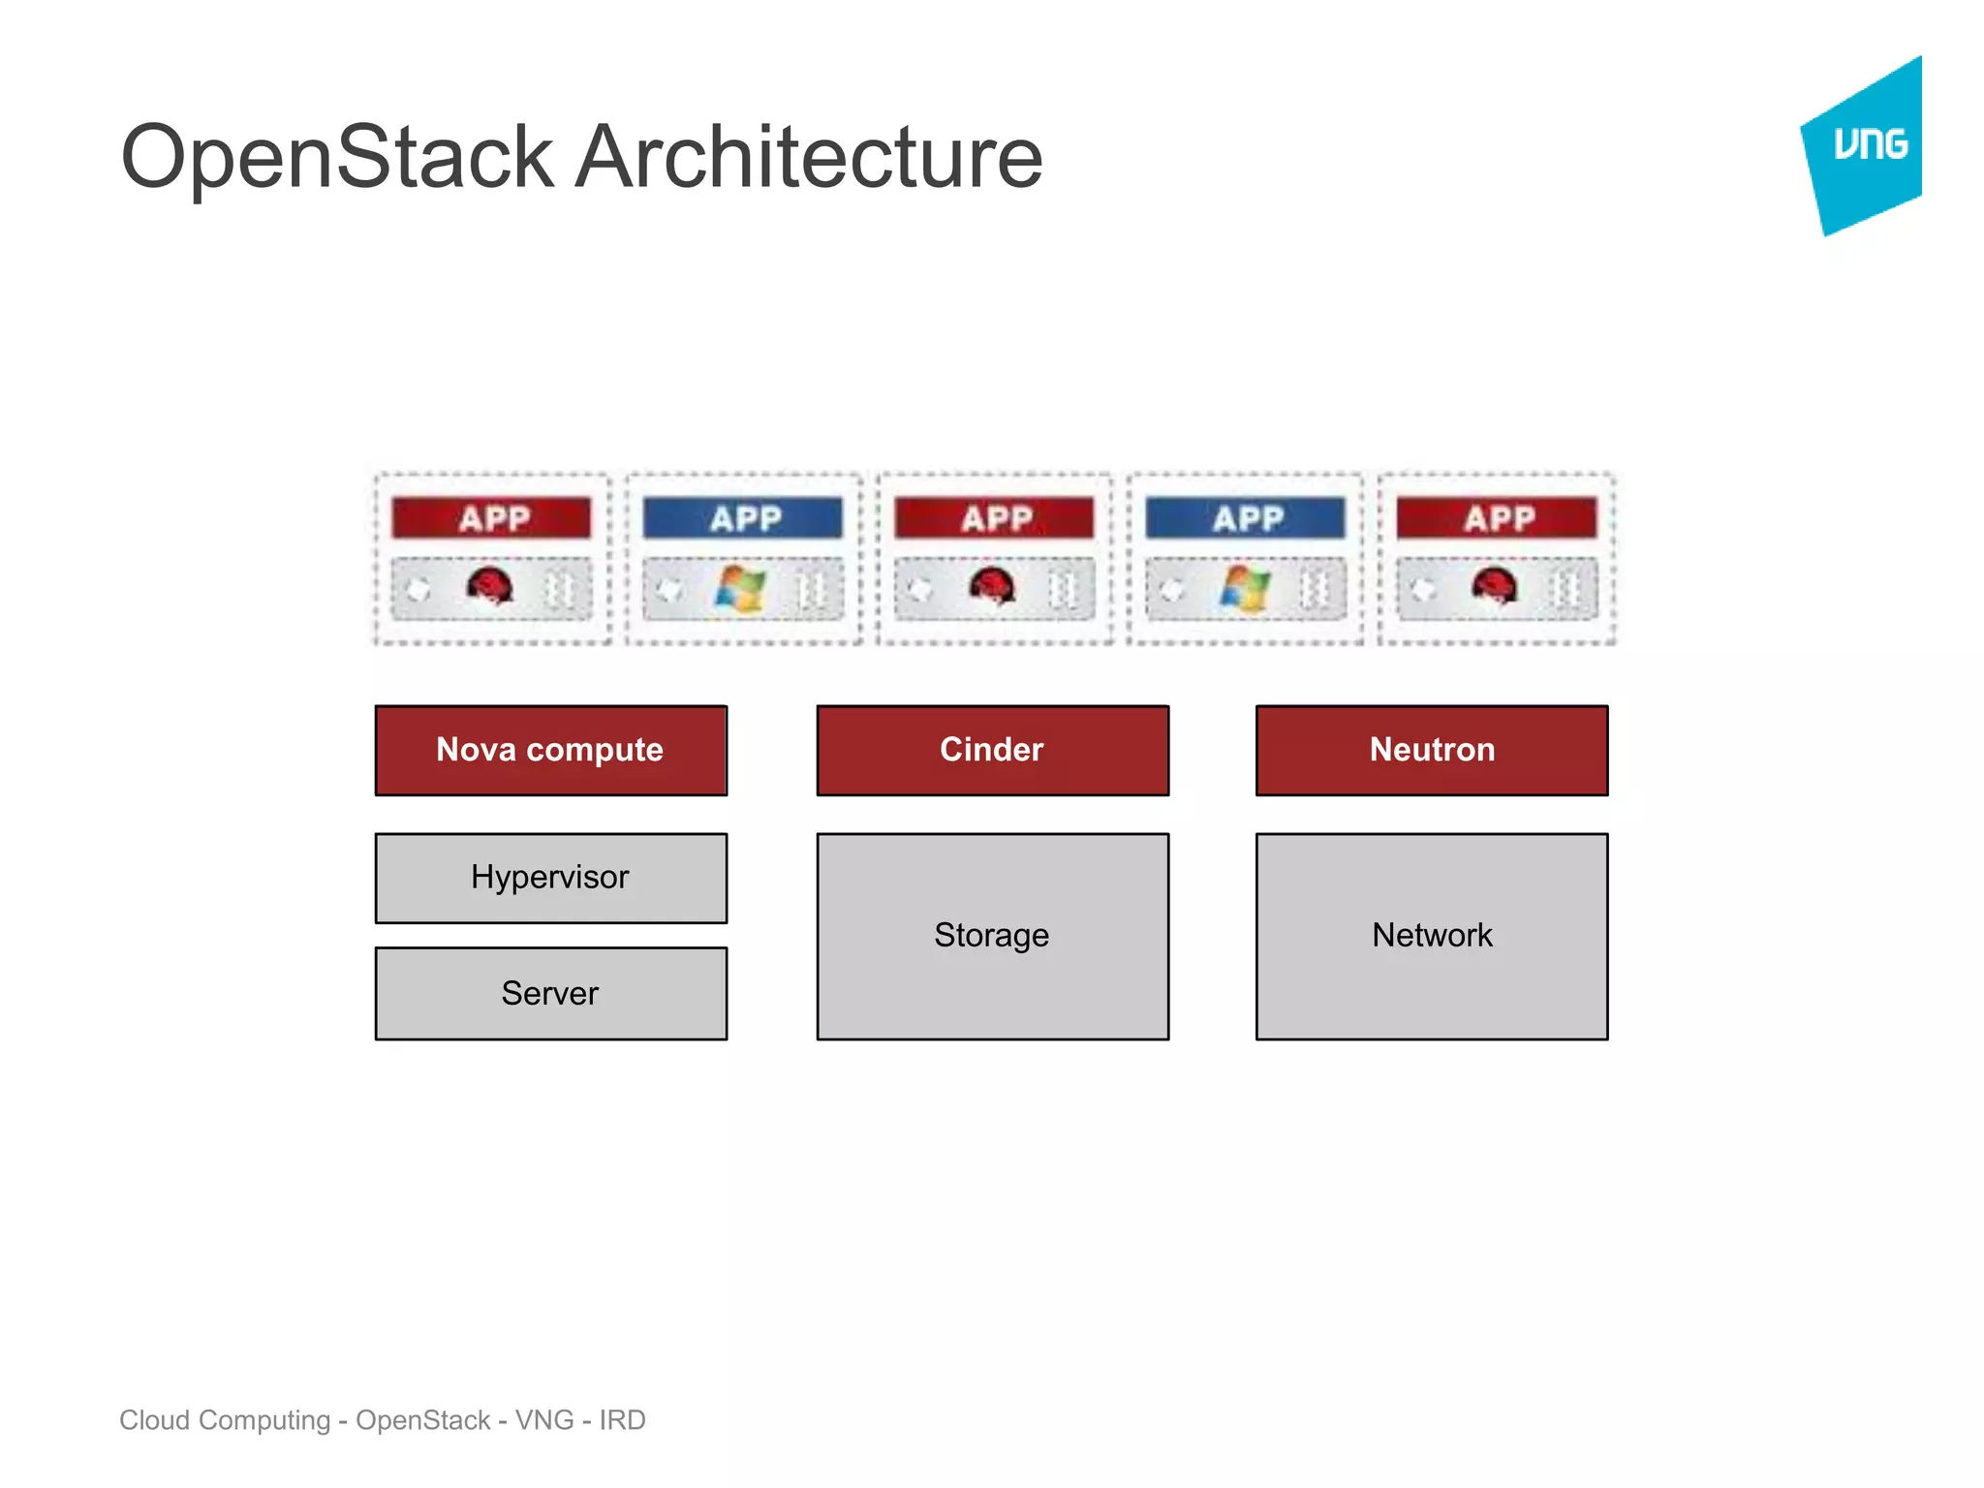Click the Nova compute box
[x=550, y=750]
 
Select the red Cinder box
[x=992, y=750]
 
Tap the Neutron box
[x=1432, y=750]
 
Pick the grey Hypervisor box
[x=550, y=878]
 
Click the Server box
[x=550, y=993]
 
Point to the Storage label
[x=992, y=935]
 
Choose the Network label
[x=1432, y=935]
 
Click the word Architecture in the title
[x=809, y=157]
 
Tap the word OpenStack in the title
[x=337, y=157]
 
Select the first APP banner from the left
[x=492, y=518]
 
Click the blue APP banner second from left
[x=743, y=518]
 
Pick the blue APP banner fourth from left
[x=1246, y=518]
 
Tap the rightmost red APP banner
[x=1497, y=518]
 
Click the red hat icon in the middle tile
[x=992, y=586]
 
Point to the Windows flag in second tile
[x=741, y=588]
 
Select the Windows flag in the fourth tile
[x=1245, y=588]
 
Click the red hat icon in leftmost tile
[x=489, y=586]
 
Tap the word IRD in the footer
[x=622, y=1420]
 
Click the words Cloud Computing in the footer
[x=225, y=1420]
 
